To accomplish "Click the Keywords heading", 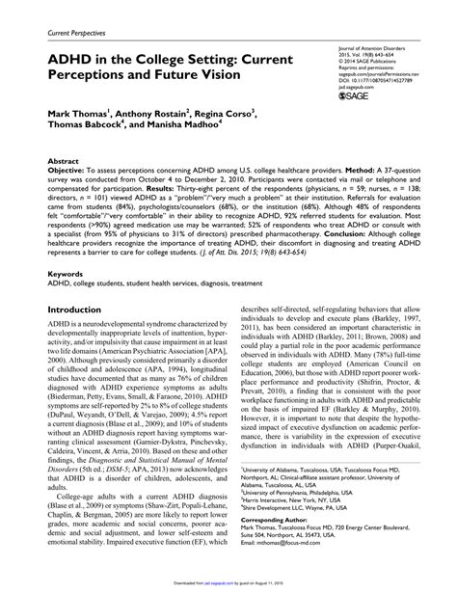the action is point(67,274).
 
